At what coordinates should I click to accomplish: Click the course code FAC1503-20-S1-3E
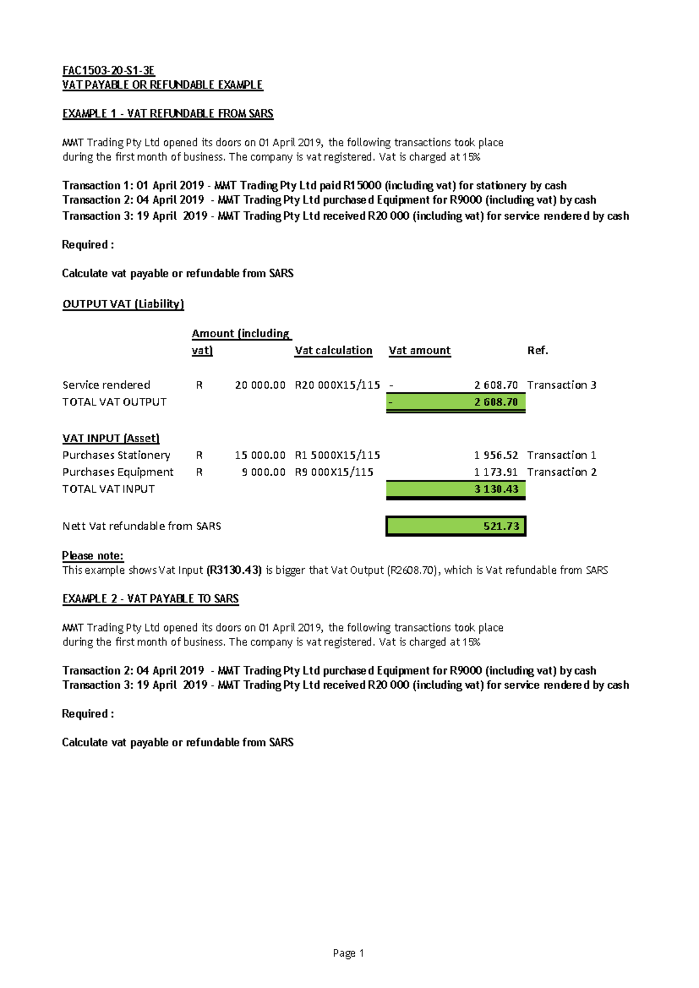(x=108, y=70)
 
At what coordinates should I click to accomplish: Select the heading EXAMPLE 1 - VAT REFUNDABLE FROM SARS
(x=168, y=114)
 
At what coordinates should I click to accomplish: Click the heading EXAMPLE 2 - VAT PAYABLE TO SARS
(x=150, y=599)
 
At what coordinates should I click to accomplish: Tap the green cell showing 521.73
(x=456, y=526)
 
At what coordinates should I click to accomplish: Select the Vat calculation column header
(x=333, y=351)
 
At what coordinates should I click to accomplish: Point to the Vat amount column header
(x=419, y=351)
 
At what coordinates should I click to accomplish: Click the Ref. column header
(x=537, y=351)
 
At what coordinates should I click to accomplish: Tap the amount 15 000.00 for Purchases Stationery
(x=260, y=456)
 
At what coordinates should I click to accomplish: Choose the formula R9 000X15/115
(x=334, y=472)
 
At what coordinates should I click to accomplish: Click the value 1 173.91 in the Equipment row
(x=496, y=472)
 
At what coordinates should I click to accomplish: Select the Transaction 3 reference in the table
(x=562, y=385)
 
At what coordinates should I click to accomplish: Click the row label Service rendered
(x=106, y=385)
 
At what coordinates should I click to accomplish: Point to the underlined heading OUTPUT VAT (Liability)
(x=123, y=304)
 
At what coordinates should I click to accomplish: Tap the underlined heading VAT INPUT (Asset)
(x=111, y=438)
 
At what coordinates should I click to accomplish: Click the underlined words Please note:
(x=93, y=556)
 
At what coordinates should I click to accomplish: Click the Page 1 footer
(x=348, y=953)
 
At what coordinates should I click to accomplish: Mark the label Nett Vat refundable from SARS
(x=142, y=526)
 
